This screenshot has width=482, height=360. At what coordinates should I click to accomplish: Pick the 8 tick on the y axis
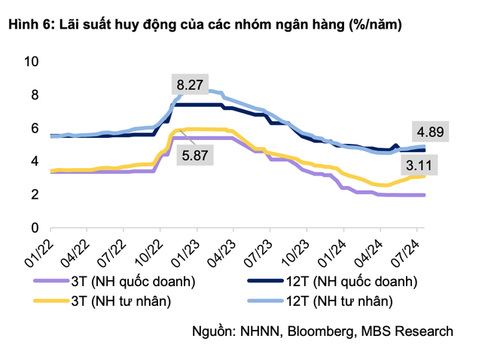(34, 95)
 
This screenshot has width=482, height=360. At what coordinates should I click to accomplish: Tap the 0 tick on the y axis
(34, 227)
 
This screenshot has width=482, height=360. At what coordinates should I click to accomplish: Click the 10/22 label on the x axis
(149, 249)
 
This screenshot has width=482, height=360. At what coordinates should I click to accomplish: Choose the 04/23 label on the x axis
(222, 249)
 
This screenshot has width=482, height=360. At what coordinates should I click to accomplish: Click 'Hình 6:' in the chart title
(29, 25)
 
